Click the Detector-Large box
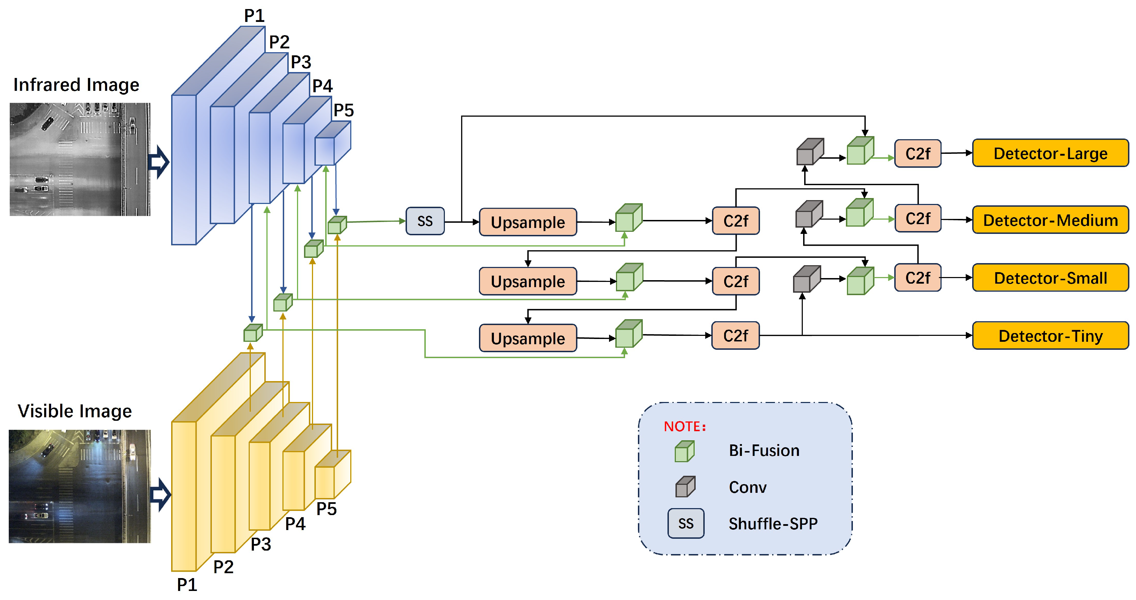1050,153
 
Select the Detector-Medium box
1050,220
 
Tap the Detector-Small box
1050,278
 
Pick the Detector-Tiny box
1050,336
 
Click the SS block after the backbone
425,221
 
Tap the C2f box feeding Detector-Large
917,153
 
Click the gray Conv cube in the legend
685,487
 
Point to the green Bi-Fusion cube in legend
685,451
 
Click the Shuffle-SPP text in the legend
773,524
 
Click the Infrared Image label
76,85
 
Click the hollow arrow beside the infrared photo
158,162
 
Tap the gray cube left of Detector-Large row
810,152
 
